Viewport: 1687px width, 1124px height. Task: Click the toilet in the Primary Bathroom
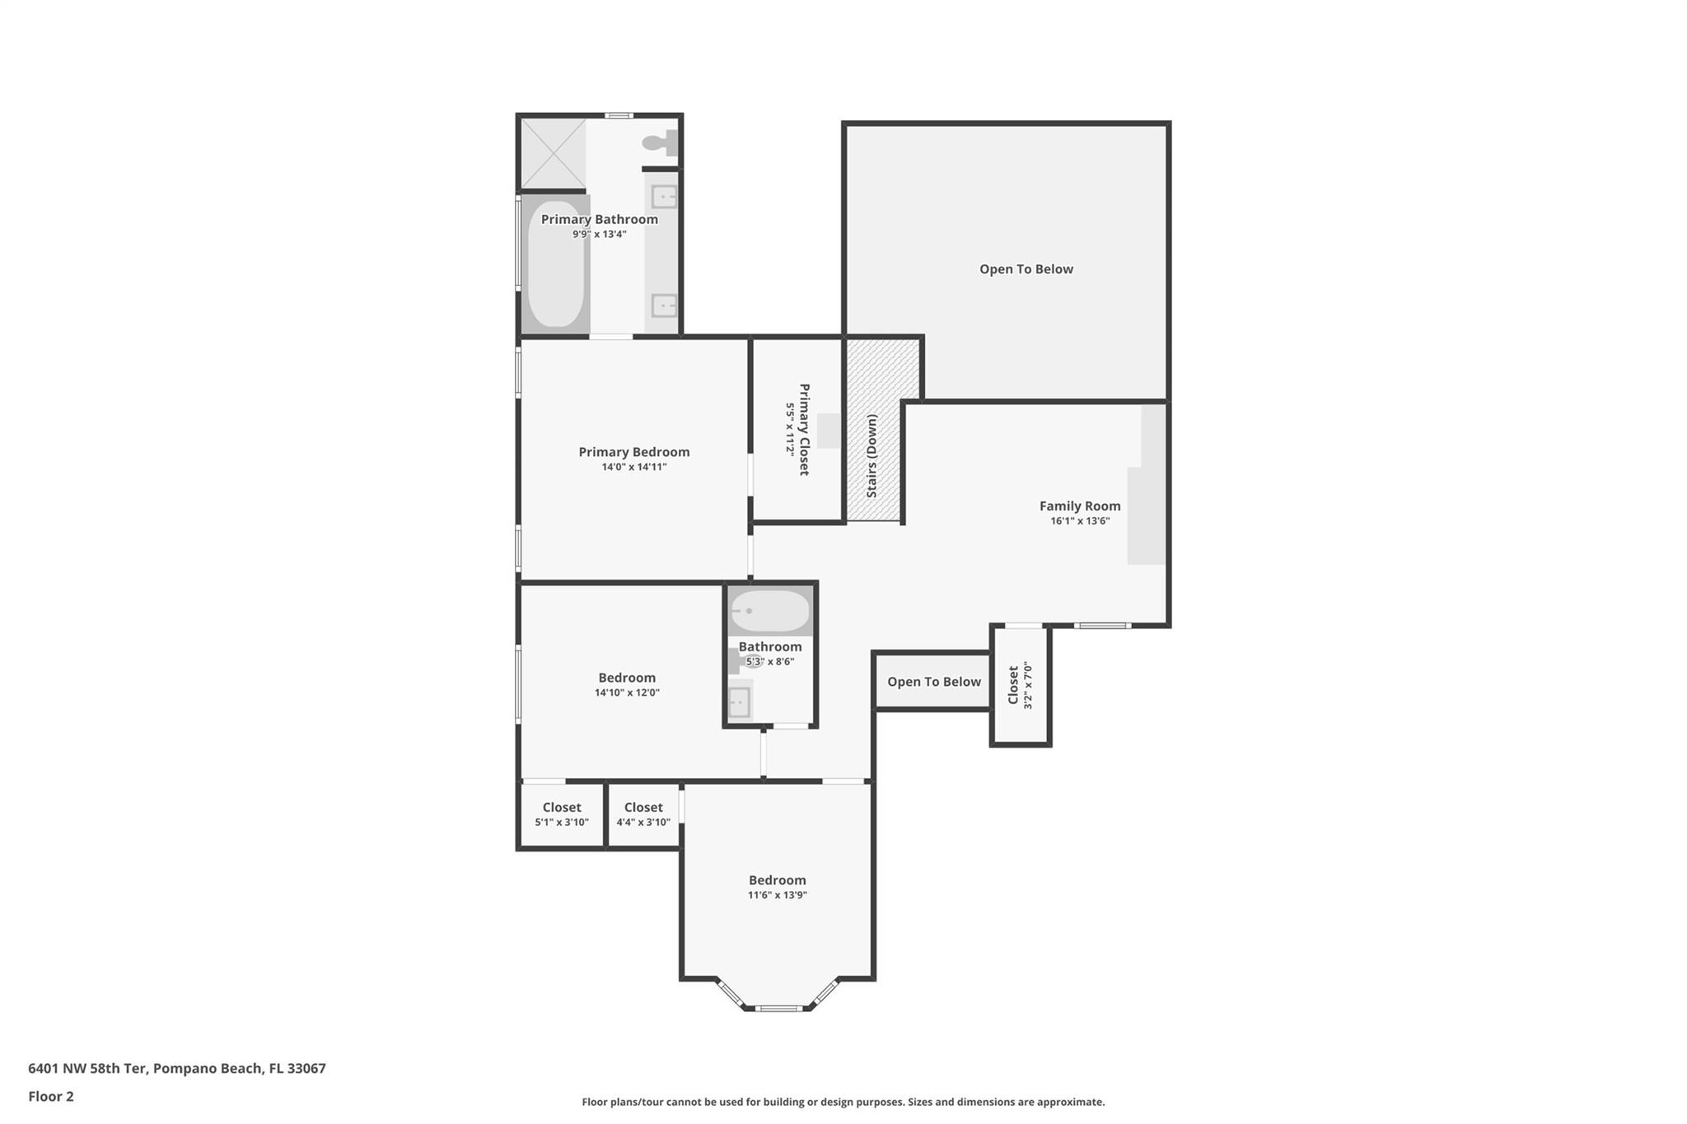click(x=661, y=143)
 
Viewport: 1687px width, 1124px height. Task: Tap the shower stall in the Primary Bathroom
click(x=554, y=154)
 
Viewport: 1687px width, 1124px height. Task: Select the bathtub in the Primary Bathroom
click(x=556, y=264)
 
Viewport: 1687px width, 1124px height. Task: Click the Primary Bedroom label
click(x=633, y=452)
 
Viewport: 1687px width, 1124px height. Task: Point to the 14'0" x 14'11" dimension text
click(x=633, y=467)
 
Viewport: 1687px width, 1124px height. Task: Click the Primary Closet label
click(x=804, y=429)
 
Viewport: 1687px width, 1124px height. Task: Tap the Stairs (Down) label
click(x=872, y=455)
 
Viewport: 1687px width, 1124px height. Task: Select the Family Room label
click(x=1080, y=506)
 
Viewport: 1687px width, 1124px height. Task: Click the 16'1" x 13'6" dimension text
click(x=1080, y=521)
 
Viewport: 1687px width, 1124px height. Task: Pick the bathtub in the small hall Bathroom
click(x=770, y=611)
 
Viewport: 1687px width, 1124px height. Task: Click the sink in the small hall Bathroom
click(x=739, y=702)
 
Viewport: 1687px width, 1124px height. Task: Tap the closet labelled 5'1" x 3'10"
click(x=562, y=814)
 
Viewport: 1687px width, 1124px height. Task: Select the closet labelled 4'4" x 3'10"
click(x=643, y=814)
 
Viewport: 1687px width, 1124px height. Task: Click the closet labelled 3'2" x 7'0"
click(x=1021, y=685)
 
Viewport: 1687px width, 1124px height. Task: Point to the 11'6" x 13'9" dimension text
click(x=777, y=895)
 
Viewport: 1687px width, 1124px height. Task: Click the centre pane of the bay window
click(x=778, y=1008)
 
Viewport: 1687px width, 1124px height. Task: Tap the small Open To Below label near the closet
click(x=934, y=682)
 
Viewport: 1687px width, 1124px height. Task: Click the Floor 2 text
click(x=51, y=1097)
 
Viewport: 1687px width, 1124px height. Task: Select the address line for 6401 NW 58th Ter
click(x=177, y=1069)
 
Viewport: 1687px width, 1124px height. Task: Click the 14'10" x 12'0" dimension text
click(x=627, y=693)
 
